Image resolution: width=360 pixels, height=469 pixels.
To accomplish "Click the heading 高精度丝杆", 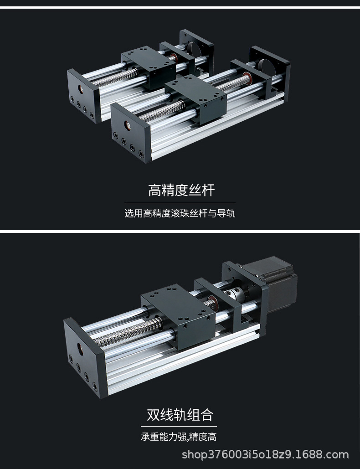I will click(x=181, y=190).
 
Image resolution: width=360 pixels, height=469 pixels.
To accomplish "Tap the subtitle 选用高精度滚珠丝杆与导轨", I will click(x=180, y=213).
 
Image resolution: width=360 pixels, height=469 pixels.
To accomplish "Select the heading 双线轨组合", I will click(x=180, y=415).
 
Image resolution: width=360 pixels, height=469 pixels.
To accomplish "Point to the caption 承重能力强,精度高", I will click(x=179, y=437).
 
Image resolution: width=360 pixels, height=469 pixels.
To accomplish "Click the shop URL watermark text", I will click(x=265, y=454).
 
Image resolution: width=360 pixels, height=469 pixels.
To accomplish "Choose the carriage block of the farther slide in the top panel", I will click(x=149, y=68).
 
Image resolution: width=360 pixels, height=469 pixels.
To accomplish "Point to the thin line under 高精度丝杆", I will click(x=180, y=203).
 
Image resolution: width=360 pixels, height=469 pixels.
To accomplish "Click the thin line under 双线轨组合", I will click(x=180, y=426).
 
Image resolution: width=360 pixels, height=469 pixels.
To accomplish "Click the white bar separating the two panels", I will click(x=180, y=232).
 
